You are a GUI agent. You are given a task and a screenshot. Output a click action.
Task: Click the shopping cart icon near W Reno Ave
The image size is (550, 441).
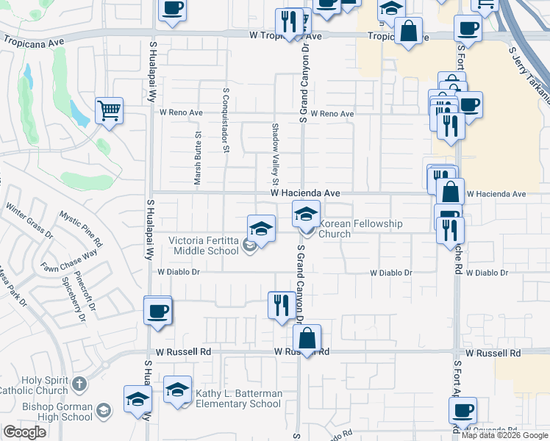click(109, 111)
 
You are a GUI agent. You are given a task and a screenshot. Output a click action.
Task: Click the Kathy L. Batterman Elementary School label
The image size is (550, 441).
click(238, 398)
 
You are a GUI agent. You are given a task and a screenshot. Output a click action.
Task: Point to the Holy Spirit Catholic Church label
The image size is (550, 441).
click(35, 384)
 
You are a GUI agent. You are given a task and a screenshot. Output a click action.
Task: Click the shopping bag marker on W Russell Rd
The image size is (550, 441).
click(307, 339)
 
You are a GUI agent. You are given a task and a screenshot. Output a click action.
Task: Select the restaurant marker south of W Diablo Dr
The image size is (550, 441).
click(280, 304)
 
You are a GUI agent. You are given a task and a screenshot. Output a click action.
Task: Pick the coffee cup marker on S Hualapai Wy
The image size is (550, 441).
click(157, 311)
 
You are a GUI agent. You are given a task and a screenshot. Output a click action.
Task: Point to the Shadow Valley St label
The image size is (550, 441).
click(276, 154)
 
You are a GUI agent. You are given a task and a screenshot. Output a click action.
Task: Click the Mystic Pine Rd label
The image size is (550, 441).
click(81, 229)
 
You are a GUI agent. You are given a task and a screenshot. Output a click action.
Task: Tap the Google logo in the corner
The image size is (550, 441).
click(25, 432)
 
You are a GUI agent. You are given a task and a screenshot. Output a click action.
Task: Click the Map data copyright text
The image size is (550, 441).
click(504, 435)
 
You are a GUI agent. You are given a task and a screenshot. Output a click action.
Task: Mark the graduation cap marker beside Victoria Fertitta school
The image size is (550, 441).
click(260, 229)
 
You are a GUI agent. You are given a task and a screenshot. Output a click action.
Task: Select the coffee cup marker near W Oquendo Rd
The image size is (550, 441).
click(463, 410)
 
